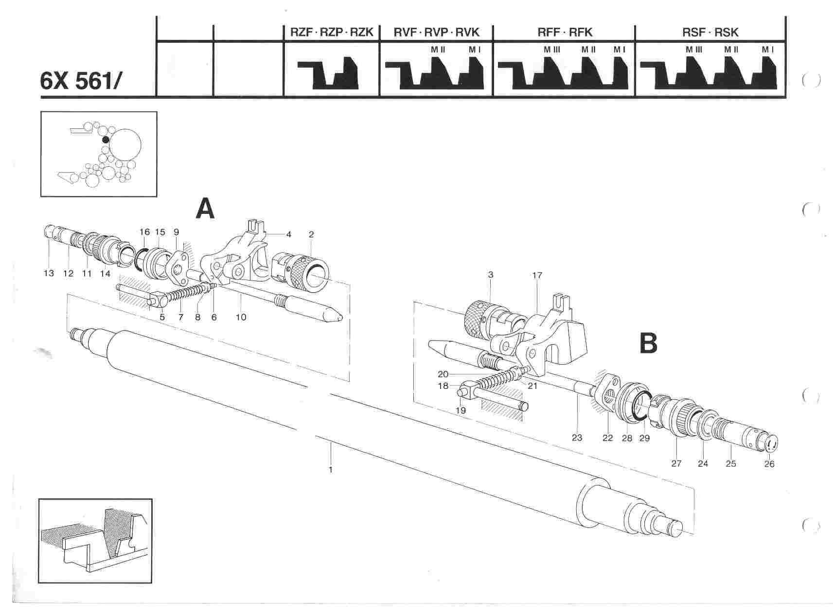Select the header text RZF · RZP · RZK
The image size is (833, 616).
point(331,33)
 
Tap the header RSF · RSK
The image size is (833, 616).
point(710,33)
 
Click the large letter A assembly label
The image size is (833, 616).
point(205,210)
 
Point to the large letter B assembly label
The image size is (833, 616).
point(648,343)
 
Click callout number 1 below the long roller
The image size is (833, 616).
point(331,470)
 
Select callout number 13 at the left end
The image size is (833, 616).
point(49,273)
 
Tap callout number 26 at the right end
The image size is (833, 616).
point(769,464)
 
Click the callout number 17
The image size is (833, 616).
point(537,275)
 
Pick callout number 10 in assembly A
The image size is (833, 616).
point(241,317)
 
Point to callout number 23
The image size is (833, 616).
point(577,438)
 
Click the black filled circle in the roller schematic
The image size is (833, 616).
point(106,140)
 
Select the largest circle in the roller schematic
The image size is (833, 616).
point(125,144)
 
